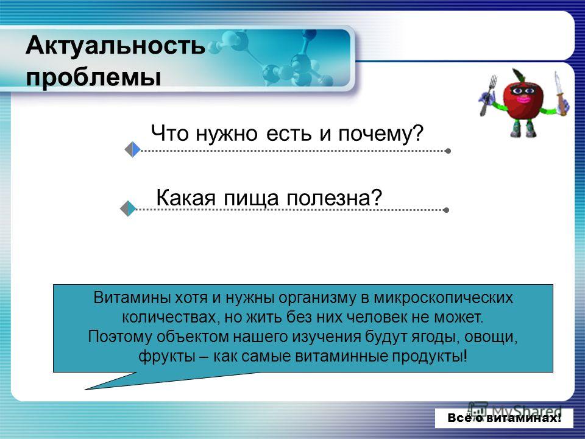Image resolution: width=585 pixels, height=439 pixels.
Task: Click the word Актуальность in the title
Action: pyautogui.click(x=115, y=46)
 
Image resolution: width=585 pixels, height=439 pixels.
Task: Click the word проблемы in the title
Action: pyautogui.click(x=93, y=77)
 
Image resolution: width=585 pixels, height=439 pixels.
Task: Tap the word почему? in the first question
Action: pyautogui.click(x=381, y=134)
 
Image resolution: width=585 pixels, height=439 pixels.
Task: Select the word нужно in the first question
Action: pyautogui.click(x=227, y=134)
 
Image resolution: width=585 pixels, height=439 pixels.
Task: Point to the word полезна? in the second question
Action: pyautogui.click(x=335, y=198)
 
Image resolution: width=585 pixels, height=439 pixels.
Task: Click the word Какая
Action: pyautogui.click(x=186, y=198)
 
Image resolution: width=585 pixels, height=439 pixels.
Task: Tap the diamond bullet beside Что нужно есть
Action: pyautogui.click(x=132, y=150)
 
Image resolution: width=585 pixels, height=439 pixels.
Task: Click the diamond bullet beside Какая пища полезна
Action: pyautogui.click(x=128, y=209)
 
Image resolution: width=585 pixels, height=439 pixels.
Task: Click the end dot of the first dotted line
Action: pyautogui.click(x=448, y=151)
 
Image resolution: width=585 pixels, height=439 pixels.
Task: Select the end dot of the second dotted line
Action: pyautogui.click(x=446, y=210)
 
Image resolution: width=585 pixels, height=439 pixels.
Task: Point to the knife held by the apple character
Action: pyautogui.click(x=559, y=93)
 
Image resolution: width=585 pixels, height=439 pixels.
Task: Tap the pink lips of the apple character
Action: pyautogui.click(x=522, y=99)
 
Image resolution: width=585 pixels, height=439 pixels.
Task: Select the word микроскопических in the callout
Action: pyautogui.click(x=443, y=298)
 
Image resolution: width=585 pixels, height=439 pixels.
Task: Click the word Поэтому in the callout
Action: pyautogui.click(x=121, y=337)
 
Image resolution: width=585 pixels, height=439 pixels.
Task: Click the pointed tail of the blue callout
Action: pyautogui.click(x=87, y=389)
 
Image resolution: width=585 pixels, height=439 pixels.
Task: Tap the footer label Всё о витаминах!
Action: pyautogui.click(x=505, y=418)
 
